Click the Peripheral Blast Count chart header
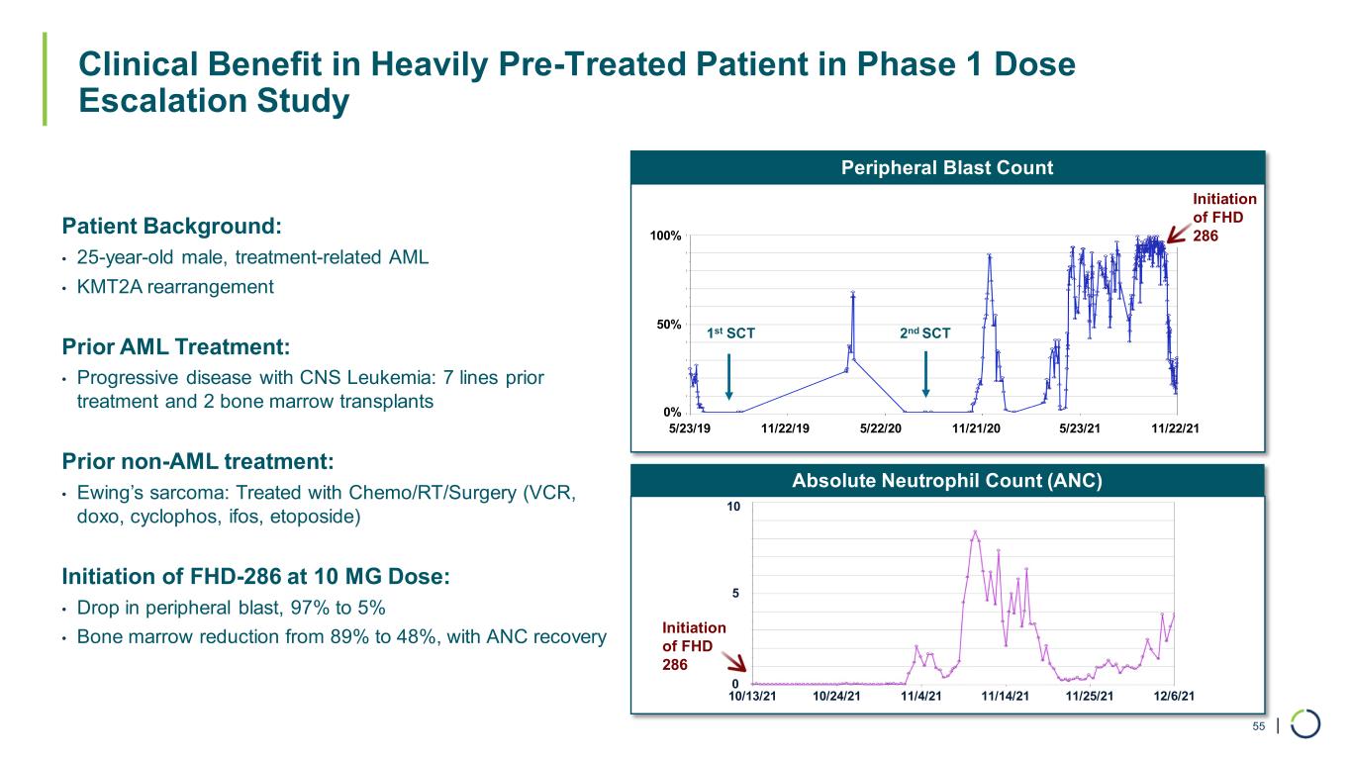point(947,167)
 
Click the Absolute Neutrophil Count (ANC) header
point(947,481)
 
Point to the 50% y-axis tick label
point(669,325)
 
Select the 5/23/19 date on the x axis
point(690,427)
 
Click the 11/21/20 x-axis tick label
point(976,427)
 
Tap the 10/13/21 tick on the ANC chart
point(752,696)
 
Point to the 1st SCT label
point(731,333)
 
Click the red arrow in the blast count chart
point(1177,235)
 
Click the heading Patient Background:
point(171,226)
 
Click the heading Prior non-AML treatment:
point(198,461)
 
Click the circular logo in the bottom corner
point(1305,724)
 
